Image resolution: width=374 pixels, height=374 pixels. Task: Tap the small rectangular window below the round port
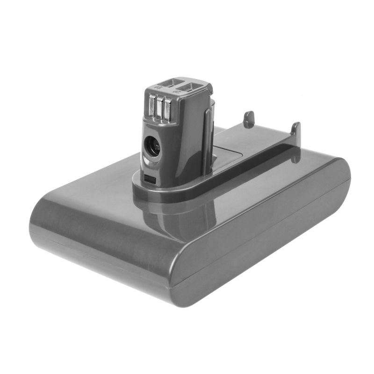pyautogui.click(x=149, y=179)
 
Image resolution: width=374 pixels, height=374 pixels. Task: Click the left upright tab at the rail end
pyautogui.click(x=249, y=120)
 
